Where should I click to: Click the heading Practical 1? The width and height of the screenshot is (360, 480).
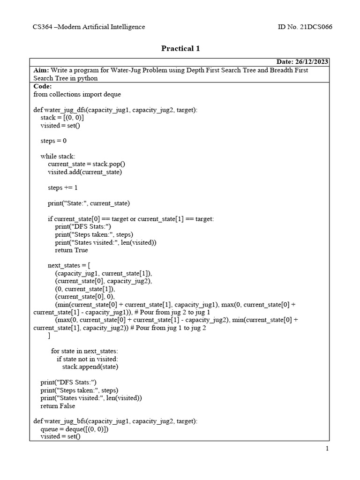(180, 49)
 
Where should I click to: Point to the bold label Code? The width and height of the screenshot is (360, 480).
(43, 86)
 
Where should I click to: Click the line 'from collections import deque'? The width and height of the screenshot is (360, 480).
(77, 94)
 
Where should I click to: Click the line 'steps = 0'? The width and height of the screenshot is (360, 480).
(53, 141)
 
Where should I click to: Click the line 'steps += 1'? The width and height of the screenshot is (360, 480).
(63, 187)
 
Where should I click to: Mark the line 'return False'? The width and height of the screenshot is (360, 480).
(57, 406)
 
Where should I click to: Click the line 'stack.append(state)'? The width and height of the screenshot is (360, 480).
(90, 367)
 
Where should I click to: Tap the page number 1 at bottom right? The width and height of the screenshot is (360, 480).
(327, 449)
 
